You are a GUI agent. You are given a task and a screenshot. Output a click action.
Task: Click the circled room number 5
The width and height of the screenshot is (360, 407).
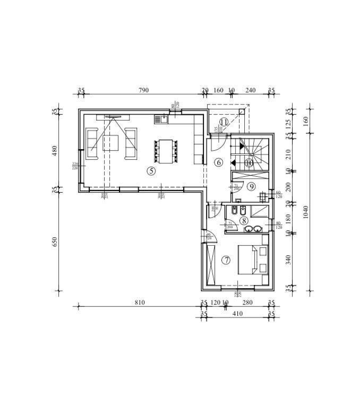pyautogui.click(x=151, y=170)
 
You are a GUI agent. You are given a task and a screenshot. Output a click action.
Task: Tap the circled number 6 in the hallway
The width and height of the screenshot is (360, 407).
pyautogui.click(x=218, y=162)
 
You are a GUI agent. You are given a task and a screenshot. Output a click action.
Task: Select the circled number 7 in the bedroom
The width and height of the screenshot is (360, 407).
pyautogui.click(x=227, y=260)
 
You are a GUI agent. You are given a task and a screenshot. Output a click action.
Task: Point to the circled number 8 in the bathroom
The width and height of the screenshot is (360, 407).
pyautogui.click(x=243, y=220)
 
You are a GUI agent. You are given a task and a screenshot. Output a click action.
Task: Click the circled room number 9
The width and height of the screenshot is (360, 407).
pyautogui.click(x=251, y=186)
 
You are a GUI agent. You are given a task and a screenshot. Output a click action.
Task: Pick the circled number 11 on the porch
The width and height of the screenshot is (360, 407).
pyautogui.click(x=224, y=122)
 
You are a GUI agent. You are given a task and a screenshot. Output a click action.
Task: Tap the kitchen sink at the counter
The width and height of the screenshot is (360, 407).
pyautogui.click(x=161, y=119)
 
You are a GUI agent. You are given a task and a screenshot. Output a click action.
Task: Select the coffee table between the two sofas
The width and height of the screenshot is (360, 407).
pyautogui.click(x=111, y=143)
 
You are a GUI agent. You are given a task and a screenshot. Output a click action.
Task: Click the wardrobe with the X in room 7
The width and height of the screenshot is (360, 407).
pyautogui.click(x=211, y=265)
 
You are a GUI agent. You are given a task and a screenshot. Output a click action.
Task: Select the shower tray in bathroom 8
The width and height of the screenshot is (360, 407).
pyautogui.click(x=260, y=211)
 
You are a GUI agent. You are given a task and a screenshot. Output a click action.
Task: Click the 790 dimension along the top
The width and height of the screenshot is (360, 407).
pyautogui.click(x=143, y=91)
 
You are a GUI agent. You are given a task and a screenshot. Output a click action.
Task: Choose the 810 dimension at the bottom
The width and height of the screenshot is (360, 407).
pyautogui.click(x=139, y=302)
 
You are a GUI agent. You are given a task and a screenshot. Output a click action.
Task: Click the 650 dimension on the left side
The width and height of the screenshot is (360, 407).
pyautogui.click(x=55, y=242)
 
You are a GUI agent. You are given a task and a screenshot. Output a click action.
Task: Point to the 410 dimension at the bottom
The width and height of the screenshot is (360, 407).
pyautogui.click(x=237, y=314)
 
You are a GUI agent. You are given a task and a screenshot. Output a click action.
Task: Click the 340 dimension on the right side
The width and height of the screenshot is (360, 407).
pyautogui.click(x=287, y=259)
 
